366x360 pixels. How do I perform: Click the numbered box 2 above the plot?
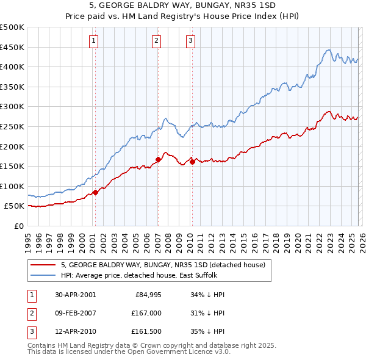pos(157,41)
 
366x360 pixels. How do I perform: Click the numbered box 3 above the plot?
pos(190,41)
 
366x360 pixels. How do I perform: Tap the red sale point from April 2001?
pos(96,192)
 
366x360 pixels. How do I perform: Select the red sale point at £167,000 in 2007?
pos(158,159)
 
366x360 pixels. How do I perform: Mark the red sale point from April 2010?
pos(192,162)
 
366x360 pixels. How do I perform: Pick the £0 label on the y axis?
pos(20,226)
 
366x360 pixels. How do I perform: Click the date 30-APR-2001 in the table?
pos(75,295)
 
